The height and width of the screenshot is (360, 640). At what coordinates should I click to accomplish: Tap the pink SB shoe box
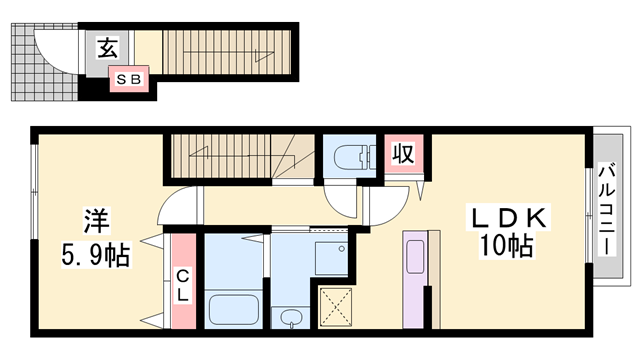(x=131, y=76)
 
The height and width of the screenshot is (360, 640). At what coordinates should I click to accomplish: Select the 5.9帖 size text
(x=92, y=254)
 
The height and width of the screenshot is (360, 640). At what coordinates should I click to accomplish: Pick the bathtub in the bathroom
(x=234, y=303)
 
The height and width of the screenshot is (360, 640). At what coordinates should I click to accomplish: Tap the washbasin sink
(x=290, y=318)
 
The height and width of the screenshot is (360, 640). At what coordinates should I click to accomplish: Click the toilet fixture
(x=350, y=158)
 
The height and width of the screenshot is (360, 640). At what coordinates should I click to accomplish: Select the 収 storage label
(x=402, y=155)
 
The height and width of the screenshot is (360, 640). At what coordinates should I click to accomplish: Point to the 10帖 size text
(x=505, y=246)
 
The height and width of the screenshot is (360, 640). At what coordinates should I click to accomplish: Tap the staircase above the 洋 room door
(x=240, y=155)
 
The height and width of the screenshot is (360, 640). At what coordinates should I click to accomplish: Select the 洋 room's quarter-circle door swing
(x=178, y=204)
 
